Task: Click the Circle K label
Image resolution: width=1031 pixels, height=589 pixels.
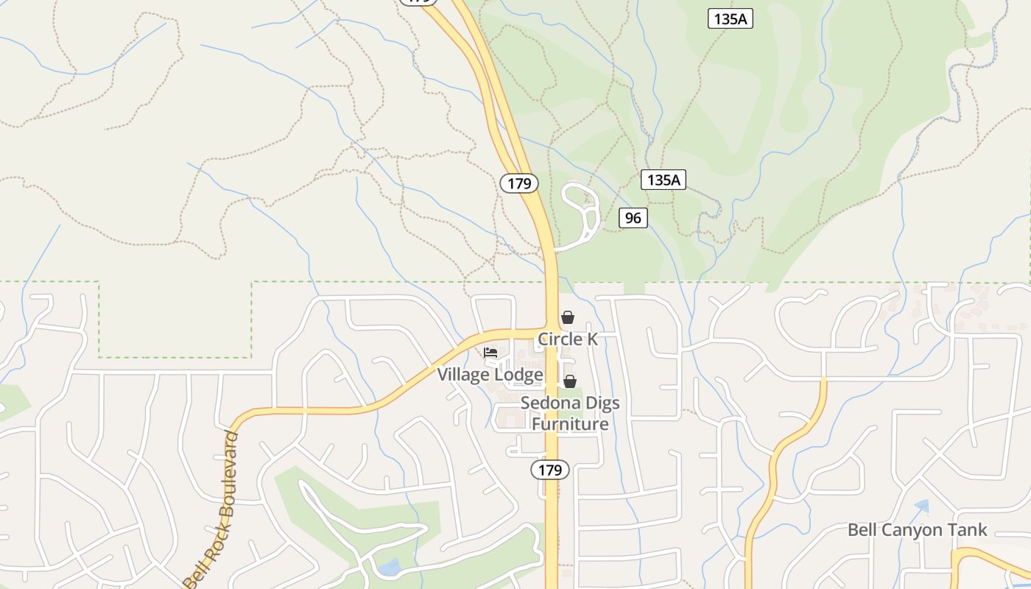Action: coord(567,339)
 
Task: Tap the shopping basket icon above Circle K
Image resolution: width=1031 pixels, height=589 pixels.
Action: coord(568,317)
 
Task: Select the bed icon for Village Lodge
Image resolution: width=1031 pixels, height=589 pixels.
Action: coord(490,353)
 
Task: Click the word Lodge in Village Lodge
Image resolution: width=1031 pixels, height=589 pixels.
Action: coord(518,375)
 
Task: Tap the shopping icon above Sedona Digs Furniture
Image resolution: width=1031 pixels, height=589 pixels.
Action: coord(570,381)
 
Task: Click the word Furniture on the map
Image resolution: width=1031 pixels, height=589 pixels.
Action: coord(570,424)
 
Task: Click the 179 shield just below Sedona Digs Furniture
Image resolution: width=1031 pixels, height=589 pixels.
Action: coord(550,470)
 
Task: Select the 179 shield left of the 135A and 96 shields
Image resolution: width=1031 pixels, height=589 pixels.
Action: coord(519,183)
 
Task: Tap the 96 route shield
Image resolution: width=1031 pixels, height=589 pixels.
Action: coord(633,217)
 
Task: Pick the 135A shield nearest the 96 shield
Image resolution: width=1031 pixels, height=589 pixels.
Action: coord(663,179)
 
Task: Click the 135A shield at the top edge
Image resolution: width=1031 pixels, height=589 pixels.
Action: coord(731,19)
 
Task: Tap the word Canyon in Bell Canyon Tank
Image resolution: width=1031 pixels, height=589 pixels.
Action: coord(918,530)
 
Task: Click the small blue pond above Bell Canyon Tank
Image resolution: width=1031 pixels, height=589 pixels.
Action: coord(921,507)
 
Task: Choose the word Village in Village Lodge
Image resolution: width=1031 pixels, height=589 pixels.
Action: coord(463,375)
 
